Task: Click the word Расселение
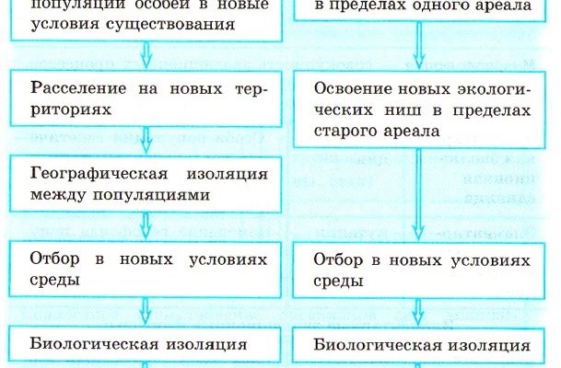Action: tap(71, 91)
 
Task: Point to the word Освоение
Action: tap(348, 92)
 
